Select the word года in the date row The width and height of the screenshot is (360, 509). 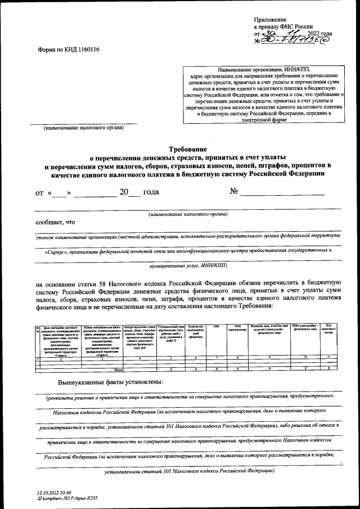(151, 192)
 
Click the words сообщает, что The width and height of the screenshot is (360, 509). (55, 222)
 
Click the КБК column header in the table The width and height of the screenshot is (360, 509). (217, 326)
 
